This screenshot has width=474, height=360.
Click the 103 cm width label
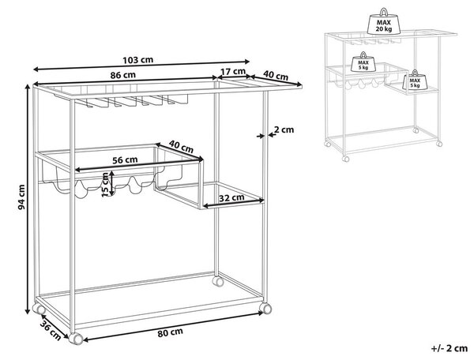pos(137,60)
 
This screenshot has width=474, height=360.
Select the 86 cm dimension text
pos(122,75)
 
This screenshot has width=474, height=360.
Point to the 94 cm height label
pos(21,197)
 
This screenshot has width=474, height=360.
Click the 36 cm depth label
pos(51,332)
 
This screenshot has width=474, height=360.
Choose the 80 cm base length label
pos(170,332)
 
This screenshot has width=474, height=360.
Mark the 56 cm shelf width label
pos(125,159)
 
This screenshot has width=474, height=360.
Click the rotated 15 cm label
pos(105,184)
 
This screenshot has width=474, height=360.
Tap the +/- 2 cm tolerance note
pos(450,348)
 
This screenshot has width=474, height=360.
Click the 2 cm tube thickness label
pos(284,129)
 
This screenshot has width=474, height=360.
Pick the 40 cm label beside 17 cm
pos(276,75)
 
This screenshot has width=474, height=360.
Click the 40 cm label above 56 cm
pos(181,146)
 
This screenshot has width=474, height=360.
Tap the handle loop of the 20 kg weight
pos(384,12)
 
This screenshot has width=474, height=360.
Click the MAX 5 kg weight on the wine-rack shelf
pos(363,62)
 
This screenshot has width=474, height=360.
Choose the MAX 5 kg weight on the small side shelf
pos(415,80)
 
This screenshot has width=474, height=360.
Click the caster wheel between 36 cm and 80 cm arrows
pos(76,338)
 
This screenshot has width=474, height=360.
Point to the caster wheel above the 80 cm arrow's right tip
pos(265,308)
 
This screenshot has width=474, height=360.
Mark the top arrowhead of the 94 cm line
pos(28,88)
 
